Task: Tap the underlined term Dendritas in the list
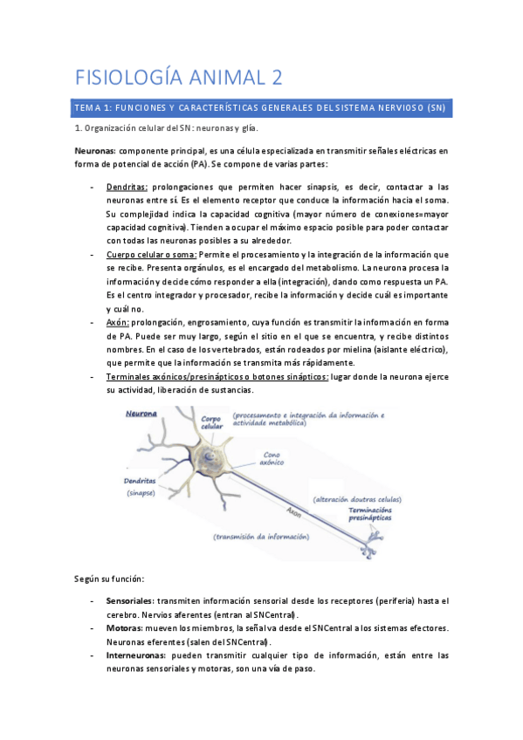coord(127,187)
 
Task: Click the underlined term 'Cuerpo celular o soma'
coord(149,254)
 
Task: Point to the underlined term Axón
coord(117,322)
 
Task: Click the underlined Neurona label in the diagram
coord(141,415)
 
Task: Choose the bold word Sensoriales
coord(129,601)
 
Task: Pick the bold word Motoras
coord(124,628)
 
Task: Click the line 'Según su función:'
coord(111,579)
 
